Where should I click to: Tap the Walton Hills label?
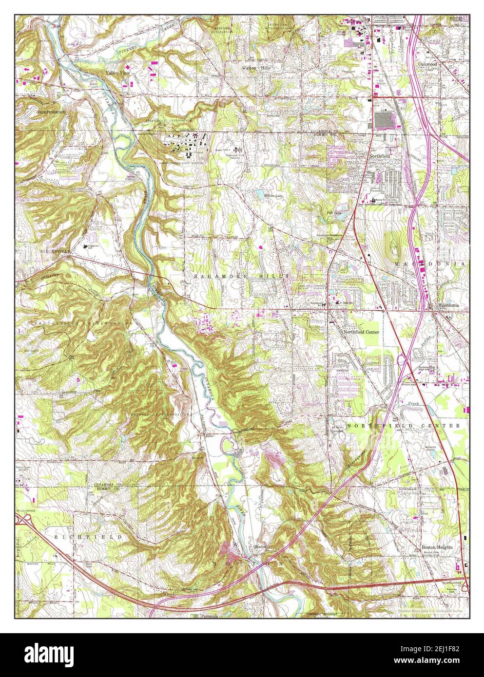coord(256,68)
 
